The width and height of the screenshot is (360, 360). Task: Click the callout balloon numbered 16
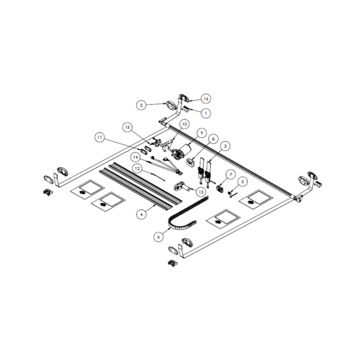pos(206,99)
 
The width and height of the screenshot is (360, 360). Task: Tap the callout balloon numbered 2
pos(141,105)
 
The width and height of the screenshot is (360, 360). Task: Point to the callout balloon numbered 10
pos(184,124)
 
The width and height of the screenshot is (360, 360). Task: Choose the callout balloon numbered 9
pos(201,133)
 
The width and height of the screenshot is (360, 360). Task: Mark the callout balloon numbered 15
pos(128,128)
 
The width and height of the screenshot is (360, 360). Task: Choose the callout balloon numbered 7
pos(229,174)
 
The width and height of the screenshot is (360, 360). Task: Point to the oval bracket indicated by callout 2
pos(171,105)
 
